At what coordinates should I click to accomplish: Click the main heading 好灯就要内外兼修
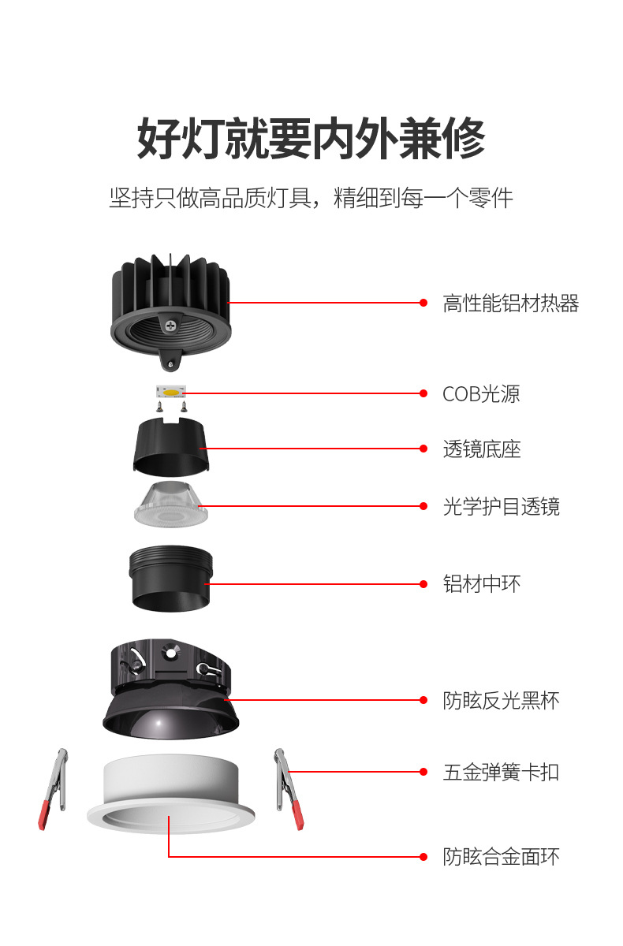click(x=311, y=139)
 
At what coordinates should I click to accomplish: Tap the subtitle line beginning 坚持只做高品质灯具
click(x=311, y=197)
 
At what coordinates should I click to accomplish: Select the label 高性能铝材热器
click(x=510, y=304)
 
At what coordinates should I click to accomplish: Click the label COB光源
click(x=481, y=393)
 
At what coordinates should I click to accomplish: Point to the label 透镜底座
click(x=481, y=449)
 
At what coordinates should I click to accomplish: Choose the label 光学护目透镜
click(x=501, y=506)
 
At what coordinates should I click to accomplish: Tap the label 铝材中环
click(x=481, y=584)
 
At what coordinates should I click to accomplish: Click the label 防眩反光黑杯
click(x=501, y=699)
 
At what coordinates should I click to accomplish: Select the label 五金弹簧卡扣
click(x=501, y=771)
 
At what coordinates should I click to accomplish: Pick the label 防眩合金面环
click(x=501, y=856)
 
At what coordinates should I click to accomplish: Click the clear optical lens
click(x=170, y=505)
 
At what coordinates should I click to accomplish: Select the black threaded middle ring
click(x=170, y=579)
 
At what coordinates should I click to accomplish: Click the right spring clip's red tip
click(x=297, y=816)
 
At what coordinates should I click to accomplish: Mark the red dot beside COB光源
click(x=423, y=393)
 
